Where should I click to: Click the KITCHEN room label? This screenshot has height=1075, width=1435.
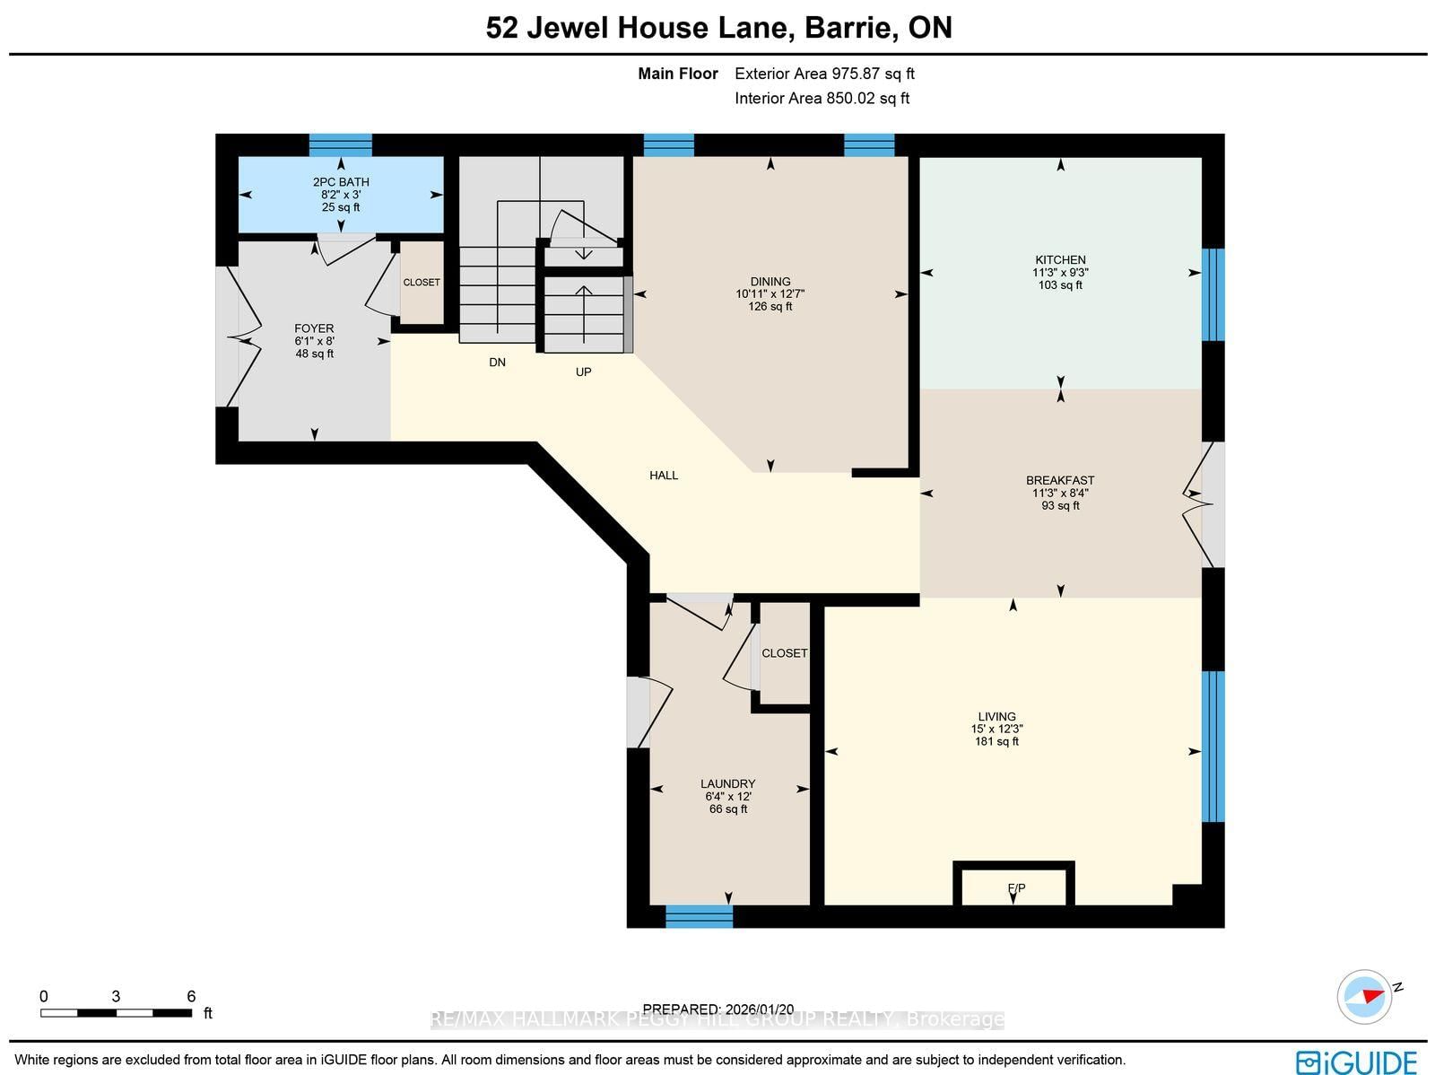1060,259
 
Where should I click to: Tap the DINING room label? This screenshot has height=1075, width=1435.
770,281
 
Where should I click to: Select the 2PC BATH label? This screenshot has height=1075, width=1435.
341,182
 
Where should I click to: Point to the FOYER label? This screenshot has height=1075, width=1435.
314,328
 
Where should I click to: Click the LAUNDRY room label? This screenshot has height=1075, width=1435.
727,783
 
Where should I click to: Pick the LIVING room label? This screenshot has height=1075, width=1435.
996,716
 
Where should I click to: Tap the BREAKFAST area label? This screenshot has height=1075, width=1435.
1060,480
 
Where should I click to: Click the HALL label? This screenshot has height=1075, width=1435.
664,476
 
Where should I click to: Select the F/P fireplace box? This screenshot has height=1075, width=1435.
1014,884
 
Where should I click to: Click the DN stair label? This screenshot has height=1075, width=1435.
497,363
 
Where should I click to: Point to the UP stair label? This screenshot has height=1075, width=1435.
583,372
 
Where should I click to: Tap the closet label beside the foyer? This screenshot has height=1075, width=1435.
421,283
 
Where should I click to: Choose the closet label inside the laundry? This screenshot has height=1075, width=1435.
784,653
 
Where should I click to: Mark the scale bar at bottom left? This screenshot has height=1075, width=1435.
117,1013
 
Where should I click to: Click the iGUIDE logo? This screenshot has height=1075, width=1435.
1356,1061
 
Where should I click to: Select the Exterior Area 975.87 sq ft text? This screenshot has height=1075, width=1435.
824,74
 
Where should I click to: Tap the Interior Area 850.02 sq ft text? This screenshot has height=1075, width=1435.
822,98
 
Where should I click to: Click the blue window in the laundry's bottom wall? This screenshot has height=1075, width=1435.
699,917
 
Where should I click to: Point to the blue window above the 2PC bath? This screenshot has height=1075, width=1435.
340,145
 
